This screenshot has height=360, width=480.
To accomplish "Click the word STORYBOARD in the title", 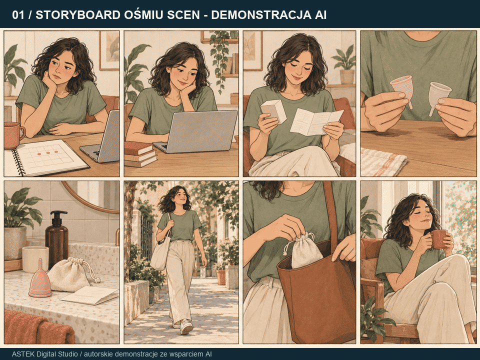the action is click(78, 14).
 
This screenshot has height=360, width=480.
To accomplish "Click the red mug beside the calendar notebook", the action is click(13, 135).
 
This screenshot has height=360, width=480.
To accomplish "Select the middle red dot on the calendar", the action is click(48, 152).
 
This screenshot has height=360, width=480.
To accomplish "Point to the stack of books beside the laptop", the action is click(140, 154).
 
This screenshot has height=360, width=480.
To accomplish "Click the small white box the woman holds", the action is click(273, 111).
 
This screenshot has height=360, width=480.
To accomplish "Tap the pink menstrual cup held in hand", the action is click(402, 89).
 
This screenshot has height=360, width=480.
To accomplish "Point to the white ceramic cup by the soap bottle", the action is click(35, 259).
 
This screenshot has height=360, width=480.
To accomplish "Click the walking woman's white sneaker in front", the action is click(186, 326).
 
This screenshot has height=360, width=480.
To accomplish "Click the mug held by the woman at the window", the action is click(439, 239).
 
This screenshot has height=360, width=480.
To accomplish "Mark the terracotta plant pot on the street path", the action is click(221, 276).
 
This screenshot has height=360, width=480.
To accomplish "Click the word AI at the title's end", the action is click(320, 14).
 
